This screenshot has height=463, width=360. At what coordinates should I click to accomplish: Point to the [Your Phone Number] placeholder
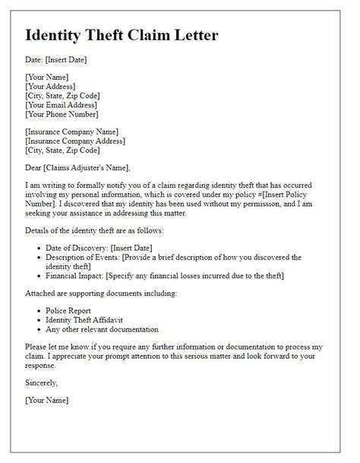click(x=62, y=115)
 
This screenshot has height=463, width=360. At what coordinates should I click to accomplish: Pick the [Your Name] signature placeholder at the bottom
click(x=47, y=400)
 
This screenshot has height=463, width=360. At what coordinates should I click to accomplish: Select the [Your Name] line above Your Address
click(x=47, y=78)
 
